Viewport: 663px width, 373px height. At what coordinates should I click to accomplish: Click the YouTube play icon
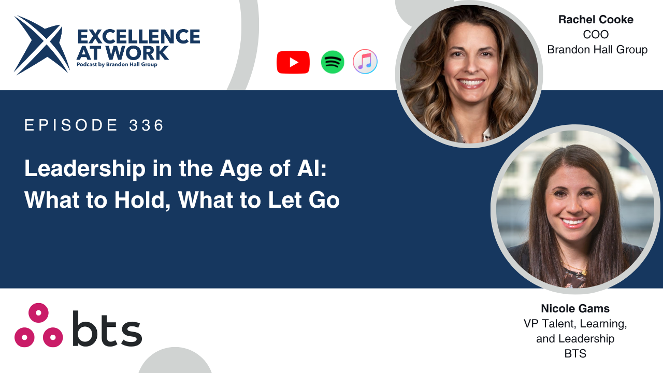pyautogui.click(x=293, y=62)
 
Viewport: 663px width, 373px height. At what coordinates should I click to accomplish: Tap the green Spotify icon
pyautogui.click(x=333, y=62)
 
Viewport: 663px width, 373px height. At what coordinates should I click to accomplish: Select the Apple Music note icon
pyautogui.click(x=365, y=62)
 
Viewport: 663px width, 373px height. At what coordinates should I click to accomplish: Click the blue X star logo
pyautogui.click(x=42, y=45)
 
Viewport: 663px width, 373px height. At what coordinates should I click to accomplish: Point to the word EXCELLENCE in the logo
pyautogui.click(x=138, y=37)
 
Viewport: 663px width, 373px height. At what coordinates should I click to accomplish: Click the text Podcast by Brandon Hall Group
pyautogui.click(x=117, y=65)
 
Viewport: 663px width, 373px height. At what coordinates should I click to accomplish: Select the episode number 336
pyautogui.click(x=146, y=125)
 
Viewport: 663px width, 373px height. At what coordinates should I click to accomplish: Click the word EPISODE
pyautogui.click(x=71, y=125)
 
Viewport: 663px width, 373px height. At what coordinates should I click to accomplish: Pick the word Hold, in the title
pyautogui.click(x=142, y=200)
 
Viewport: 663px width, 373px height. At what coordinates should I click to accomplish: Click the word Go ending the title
pyautogui.click(x=324, y=200)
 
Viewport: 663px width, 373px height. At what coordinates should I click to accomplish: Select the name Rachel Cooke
pyautogui.click(x=596, y=20)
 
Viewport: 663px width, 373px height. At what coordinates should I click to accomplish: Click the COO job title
pyautogui.click(x=596, y=35)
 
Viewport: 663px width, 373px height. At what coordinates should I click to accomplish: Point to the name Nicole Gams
pyautogui.click(x=575, y=308)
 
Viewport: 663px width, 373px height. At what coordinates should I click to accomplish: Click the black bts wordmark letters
pyautogui.click(x=107, y=328)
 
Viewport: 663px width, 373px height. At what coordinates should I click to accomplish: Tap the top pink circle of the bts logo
pyautogui.click(x=38, y=313)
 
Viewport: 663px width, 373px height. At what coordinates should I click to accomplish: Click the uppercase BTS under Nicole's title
pyautogui.click(x=575, y=353)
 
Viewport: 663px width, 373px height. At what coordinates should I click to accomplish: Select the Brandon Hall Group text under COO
pyautogui.click(x=597, y=50)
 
